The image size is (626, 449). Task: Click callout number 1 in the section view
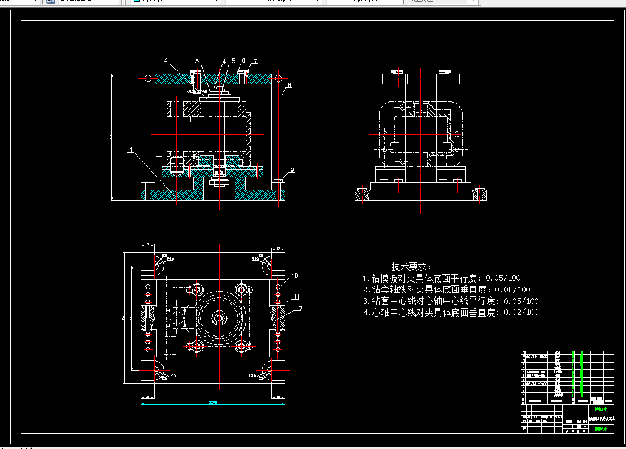pos(130,148)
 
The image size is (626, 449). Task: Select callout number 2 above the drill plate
pos(165,60)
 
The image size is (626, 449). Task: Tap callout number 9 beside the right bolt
pos(292,170)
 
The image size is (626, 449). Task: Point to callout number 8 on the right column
pos(289,86)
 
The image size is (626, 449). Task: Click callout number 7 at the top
pos(255,61)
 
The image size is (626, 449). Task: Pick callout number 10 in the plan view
pos(294,276)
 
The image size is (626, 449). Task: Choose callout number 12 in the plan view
pos(299,308)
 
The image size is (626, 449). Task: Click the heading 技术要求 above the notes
pos(411,267)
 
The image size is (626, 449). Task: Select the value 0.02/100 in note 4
pos(521,312)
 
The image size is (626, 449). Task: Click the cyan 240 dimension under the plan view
pos(212,403)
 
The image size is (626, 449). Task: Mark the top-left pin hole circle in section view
pos(148,78)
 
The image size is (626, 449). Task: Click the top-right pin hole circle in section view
pos(278,78)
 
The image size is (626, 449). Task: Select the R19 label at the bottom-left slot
pos(172,375)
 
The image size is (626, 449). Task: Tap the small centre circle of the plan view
pos(219,317)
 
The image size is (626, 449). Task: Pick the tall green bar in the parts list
pos(582,374)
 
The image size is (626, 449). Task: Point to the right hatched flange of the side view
pos(482,194)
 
